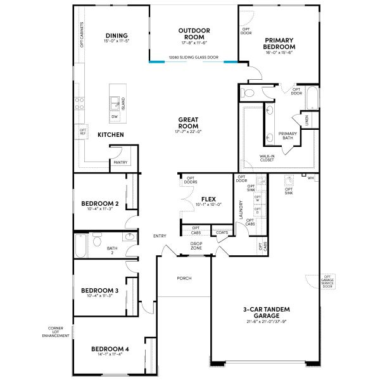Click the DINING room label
click(117, 35)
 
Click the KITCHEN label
click(110, 135)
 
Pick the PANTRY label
click(120, 162)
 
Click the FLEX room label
click(208, 198)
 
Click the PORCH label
click(184, 278)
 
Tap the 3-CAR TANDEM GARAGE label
click(266, 312)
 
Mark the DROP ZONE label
click(196, 246)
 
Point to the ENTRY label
click(160, 236)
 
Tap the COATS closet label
click(222, 232)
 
